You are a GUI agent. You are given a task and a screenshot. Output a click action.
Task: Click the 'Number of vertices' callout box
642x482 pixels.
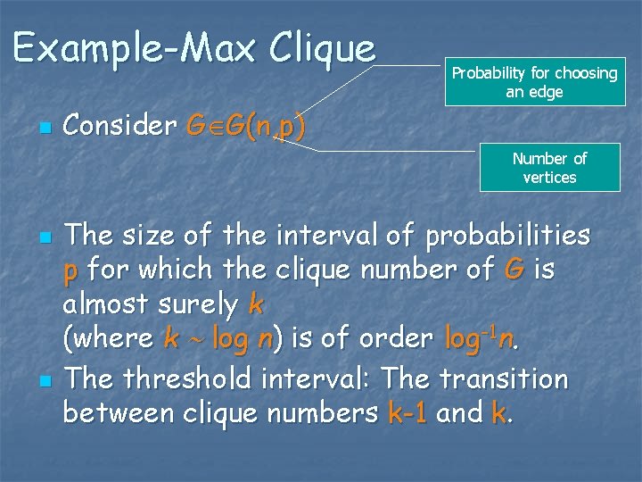(x=549, y=168)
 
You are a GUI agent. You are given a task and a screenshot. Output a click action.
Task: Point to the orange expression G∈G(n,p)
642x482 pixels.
(x=245, y=127)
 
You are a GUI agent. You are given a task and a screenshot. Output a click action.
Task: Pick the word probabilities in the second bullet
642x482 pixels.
(x=507, y=236)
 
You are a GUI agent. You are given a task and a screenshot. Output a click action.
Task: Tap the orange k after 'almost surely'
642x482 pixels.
(x=256, y=304)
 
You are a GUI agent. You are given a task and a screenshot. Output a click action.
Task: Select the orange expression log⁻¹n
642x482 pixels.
(x=481, y=338)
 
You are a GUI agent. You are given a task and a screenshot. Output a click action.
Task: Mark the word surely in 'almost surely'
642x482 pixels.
(x=195, y=305)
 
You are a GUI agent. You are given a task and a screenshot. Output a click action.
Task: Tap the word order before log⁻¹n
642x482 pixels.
(x=396, y=339)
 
